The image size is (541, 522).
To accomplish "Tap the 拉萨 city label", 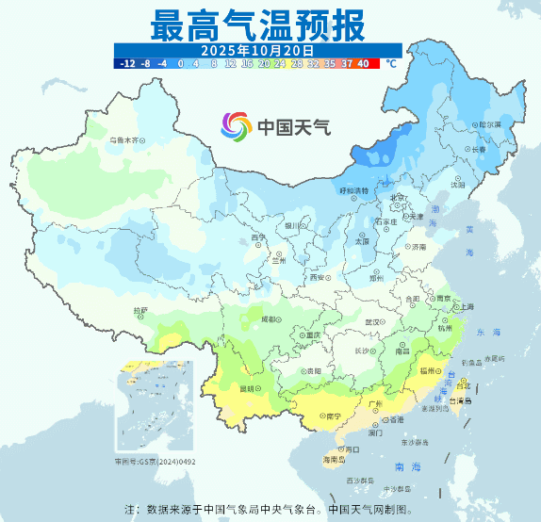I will [140, 309].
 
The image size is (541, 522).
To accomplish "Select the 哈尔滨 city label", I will [489, 123].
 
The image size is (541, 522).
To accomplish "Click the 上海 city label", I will [464, 306].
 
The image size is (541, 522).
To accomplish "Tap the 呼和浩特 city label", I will [355, 190].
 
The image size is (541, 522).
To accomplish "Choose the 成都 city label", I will [270, 319].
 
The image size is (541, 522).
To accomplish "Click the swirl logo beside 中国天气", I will [237, 125].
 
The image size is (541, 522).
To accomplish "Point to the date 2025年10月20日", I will [257, 49].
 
